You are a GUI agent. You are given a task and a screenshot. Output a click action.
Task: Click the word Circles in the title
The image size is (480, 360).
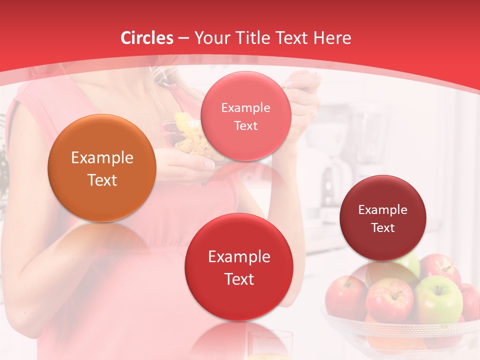coord(146,38)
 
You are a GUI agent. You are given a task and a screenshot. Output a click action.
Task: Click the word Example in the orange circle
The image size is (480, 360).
coord(102,158)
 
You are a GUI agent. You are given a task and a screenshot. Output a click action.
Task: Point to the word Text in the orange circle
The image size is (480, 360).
coord(102,180)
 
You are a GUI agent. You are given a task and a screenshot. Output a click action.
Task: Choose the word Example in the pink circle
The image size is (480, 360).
coord(245,107)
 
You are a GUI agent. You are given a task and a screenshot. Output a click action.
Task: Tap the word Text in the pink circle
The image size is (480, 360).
coord(245,125)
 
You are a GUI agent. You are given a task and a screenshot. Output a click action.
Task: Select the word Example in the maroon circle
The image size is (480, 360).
coord(383,209)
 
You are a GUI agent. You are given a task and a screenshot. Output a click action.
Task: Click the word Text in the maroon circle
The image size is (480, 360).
coord(383,227)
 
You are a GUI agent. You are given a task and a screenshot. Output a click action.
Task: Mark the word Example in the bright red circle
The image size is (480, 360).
coord(239,257)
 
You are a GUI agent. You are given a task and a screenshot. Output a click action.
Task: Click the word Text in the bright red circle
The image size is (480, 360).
coord(239,279)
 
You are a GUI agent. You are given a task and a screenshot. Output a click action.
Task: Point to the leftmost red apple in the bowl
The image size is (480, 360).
coord(345,297)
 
